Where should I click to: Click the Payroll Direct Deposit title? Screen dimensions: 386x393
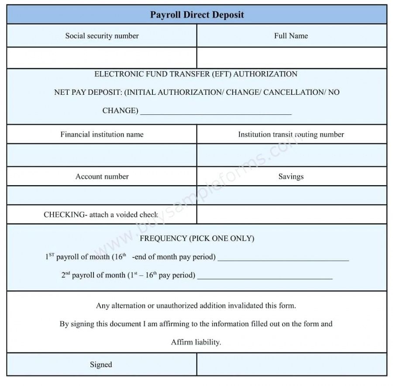(x=197, y=15)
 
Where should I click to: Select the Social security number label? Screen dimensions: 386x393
(x=102, y=36)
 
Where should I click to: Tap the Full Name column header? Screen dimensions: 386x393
(x=291, y=36)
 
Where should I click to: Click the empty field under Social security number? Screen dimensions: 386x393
(x=102, y=58)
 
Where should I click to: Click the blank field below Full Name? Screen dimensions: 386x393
(x=291, y=58)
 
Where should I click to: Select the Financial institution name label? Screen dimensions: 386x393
(x=102, y=134)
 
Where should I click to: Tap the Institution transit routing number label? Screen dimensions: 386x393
(x=291, y=134)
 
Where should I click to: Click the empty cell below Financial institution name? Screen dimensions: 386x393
(x=102, y=155)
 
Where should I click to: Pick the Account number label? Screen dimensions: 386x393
(x=102, y=176)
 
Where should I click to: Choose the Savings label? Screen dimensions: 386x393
(x=291, y=176)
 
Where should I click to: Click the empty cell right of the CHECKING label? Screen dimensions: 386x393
(x=291, y=214)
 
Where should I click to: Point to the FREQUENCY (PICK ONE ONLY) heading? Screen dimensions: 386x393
(x=197, y=238)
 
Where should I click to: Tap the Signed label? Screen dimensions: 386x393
(x=101, y=365)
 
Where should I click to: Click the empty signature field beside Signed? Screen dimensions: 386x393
(x=291, y=365)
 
